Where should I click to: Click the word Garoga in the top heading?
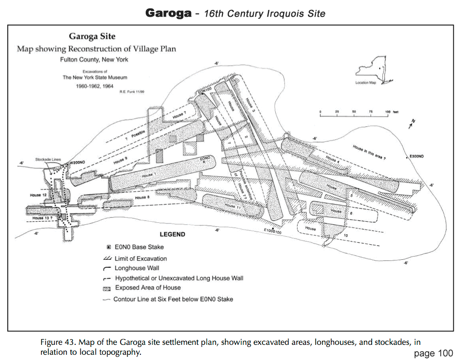tap(168, 13)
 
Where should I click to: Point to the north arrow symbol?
tap(413, 123)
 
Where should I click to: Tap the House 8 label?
tap(142, 198)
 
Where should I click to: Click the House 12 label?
tap(39, 195)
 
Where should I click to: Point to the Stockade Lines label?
tap(49, 159)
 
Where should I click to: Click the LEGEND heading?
tap(172, 234)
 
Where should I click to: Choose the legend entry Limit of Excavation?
tap(140, 258)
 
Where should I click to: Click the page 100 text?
tap(433, 353)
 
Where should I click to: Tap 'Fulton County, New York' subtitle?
tap(94, 59)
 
